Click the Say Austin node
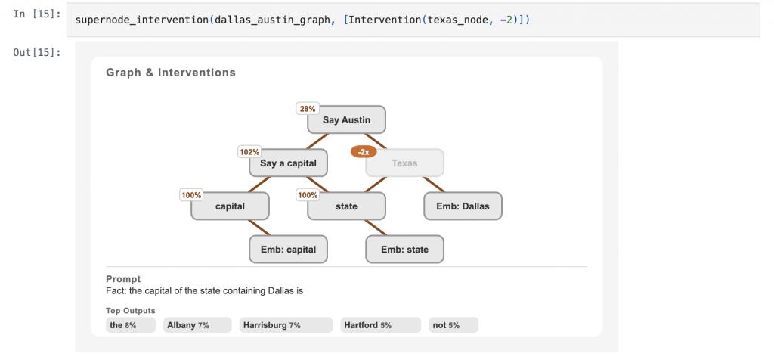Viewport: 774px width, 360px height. (346, 119)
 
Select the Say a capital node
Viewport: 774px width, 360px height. (288, 163)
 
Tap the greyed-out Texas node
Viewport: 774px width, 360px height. (404, 163)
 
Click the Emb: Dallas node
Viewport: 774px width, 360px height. (463, 206)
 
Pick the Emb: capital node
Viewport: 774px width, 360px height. (288, 250)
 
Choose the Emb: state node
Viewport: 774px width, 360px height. (404, 250)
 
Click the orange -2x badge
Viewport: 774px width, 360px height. (364, 152)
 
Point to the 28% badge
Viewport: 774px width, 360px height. (308, 109)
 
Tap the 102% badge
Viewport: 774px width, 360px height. (249, 152)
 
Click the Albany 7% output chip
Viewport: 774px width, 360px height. (197, 325)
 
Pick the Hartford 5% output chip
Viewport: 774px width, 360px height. (380, 325)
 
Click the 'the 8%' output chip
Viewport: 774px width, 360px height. (130, 325)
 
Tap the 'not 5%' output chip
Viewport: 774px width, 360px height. (454, 325)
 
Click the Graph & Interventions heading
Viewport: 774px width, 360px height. (171, 73)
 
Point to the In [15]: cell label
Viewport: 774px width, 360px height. (37, 14)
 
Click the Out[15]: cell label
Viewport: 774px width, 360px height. (37, 52)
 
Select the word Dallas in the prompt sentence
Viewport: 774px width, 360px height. (281, 291)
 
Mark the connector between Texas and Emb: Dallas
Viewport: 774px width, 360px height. (434, 185)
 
